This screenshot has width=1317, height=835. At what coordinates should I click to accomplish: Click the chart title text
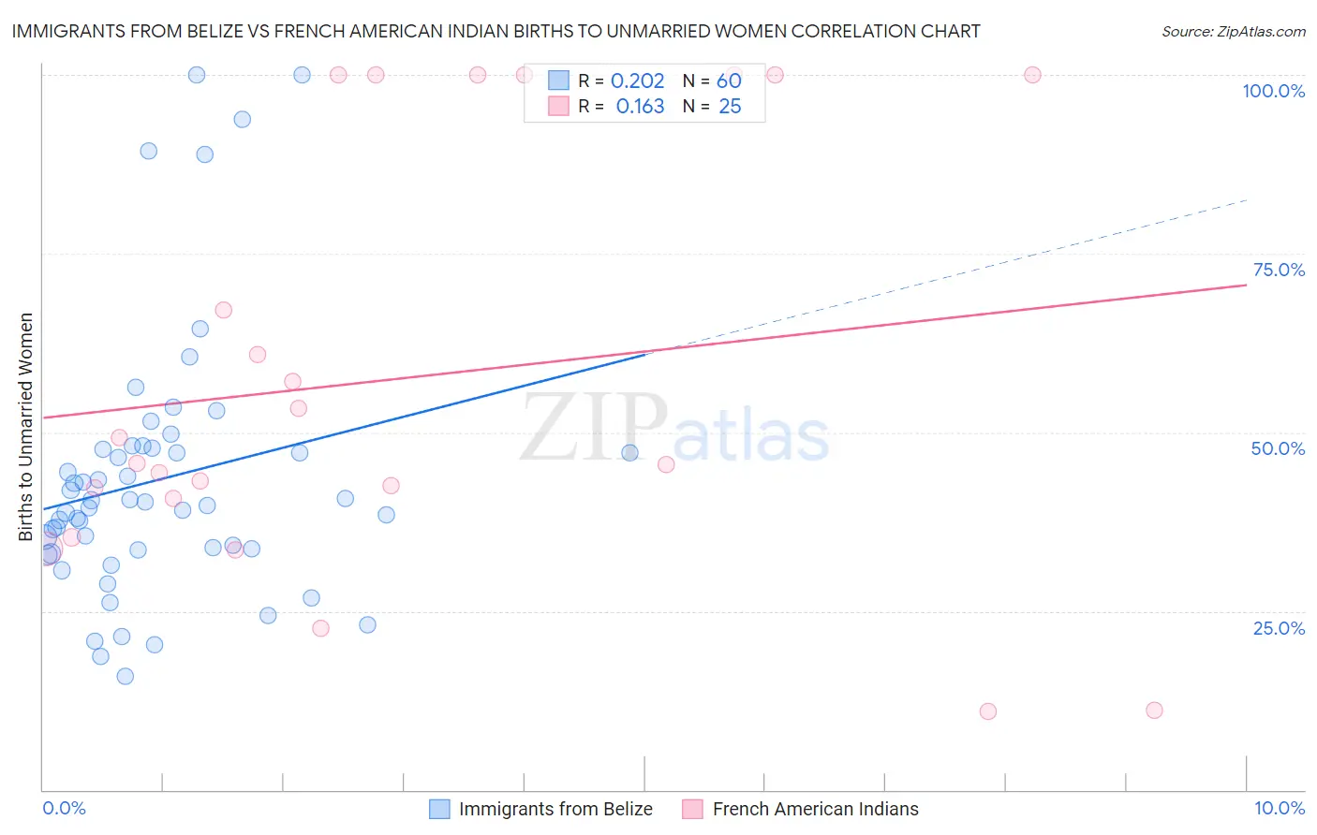click(x=496, y=31)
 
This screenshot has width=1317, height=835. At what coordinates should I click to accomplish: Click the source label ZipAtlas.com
click(x=1233, y=31)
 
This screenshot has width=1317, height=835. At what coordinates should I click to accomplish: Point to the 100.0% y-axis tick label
click(x=1273, y=91)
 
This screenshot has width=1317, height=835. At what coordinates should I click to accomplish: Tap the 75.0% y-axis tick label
click(x=1279, y=270)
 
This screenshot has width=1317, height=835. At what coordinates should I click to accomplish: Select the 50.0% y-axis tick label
click(x=1278, y=448)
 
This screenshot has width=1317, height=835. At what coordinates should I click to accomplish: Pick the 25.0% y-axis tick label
click(x=1279, y=627)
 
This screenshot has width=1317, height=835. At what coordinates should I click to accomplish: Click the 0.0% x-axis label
click(x=64, y=808)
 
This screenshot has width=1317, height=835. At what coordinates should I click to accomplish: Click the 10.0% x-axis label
click(x=1279, y=808)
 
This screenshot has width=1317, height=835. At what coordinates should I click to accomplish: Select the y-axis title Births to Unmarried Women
click(x=25, y=427)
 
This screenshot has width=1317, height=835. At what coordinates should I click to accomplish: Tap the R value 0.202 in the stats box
click(x=637, y=81)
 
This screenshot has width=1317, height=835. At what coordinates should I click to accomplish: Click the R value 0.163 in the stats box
click(x=640, y=107)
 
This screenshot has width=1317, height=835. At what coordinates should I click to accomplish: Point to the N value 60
click(x=729, y=81)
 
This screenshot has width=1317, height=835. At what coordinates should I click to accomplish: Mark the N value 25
click(x=730, y=107)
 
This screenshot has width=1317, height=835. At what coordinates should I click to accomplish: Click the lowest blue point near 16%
click(x=125, y=676)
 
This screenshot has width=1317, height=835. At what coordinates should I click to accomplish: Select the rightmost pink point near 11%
click(x=1154, y=710)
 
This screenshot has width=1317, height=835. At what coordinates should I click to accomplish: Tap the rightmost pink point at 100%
click(x=1032, y=75)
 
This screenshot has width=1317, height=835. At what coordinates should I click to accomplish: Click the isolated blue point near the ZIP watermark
click(x=630, y=453)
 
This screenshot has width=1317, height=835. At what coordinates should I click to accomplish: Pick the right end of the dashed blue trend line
click(x=1247, y=200)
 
